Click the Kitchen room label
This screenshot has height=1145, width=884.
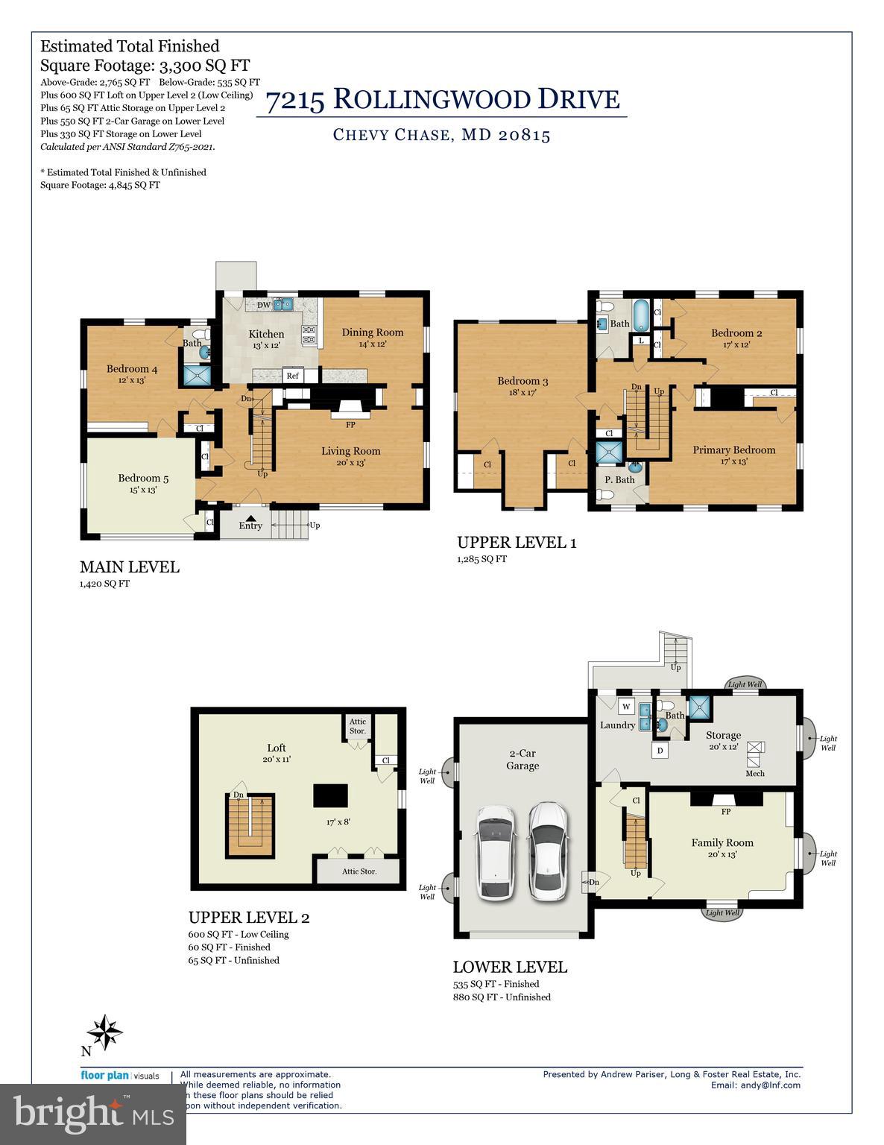[266, 334]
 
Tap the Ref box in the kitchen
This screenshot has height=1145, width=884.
[293, 376]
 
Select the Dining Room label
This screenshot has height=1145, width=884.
[373, 332]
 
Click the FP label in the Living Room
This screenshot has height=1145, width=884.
[350, 425]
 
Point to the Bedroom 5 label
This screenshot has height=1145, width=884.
[143, 479]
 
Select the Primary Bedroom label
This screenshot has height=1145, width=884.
[733, 450]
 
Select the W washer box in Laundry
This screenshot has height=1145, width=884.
[626, 707]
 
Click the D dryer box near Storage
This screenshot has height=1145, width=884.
[660, 751]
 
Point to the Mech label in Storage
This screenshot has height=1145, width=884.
[754, 773]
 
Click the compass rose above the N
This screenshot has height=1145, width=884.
[104, 1032]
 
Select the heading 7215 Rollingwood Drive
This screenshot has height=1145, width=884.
[442, 99]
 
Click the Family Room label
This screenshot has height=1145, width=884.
[722, 842]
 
